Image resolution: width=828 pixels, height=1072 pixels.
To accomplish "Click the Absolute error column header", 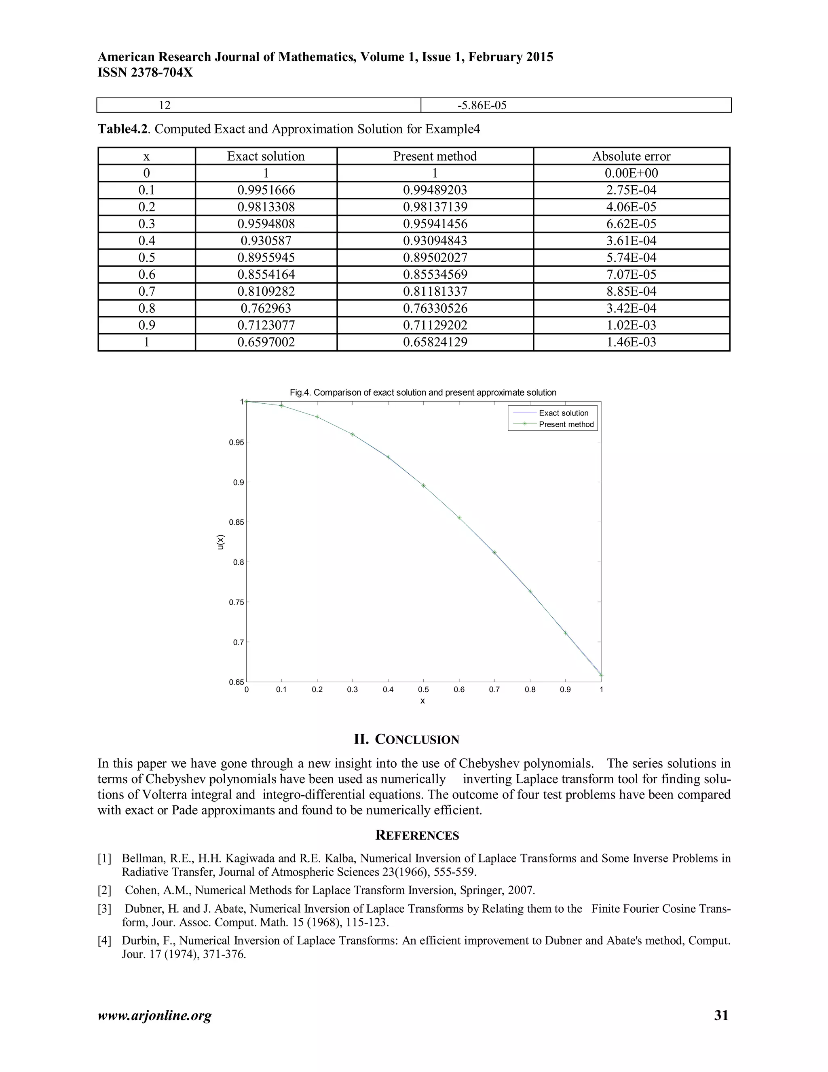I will (631, 156).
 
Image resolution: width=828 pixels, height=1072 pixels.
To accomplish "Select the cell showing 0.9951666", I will (266, 190).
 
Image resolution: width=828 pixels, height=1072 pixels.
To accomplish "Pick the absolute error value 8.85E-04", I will (631, 292).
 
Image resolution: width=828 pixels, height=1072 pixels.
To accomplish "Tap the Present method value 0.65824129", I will (435, 342).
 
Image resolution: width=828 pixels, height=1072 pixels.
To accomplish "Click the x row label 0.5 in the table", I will (146, 258).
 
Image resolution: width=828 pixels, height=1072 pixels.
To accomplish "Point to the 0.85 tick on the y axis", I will (237, 522).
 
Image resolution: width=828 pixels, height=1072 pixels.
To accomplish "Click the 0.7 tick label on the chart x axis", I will (494, 690).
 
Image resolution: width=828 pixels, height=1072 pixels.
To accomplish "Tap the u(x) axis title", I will (221, 542).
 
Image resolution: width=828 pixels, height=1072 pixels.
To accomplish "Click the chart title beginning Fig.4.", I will (423, 393).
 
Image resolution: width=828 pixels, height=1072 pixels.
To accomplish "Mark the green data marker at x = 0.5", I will (423, 486).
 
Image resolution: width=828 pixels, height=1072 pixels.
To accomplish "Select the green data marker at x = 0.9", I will (566, 633).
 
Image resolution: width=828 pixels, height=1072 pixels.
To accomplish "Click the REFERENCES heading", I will (417, 835).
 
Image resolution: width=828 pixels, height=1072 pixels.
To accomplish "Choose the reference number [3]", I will (104, 909).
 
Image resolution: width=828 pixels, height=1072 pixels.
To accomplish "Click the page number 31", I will (721, 1015).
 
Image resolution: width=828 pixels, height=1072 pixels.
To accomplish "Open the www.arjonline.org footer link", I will (154, 1015).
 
